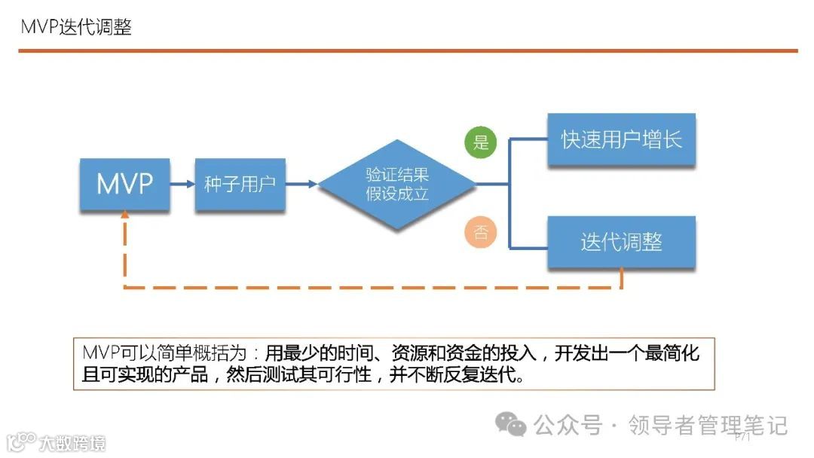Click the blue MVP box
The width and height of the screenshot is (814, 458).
click(x=124, y=184)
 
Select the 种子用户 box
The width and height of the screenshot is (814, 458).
click(x=240, y=184)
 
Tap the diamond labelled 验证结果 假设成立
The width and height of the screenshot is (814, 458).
click(x=397, y=184)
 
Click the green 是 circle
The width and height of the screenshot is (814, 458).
click(x=481, y=142)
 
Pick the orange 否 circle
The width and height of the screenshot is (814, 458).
click(x=481, y=232)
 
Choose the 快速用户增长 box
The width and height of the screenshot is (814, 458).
click(x=621, y=140)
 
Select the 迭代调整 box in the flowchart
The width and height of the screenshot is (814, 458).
click(x=621, y=242)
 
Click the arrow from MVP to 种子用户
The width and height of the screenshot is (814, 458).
click(x=182, y=184)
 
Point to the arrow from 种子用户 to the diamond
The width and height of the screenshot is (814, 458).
click(x=301, y=184)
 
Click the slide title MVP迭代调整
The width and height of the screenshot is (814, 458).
click(x=75, y=27)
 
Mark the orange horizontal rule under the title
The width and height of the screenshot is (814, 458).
click(x=407, y=50)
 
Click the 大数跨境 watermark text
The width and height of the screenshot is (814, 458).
click(x=72, y=442)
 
